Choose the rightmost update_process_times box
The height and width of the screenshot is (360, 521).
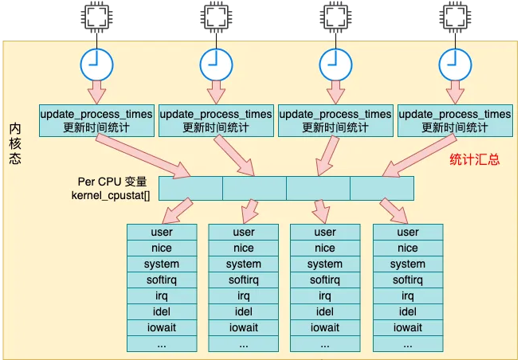point(454,120)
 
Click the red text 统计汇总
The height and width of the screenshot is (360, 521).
point(475,159)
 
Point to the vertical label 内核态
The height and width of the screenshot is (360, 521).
point(15,143)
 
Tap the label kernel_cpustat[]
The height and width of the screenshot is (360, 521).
point(105,194)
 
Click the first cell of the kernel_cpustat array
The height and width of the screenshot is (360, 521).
point(190,188)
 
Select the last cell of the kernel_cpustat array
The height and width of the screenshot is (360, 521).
point(382,188)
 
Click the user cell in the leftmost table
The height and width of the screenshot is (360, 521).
point(162,232)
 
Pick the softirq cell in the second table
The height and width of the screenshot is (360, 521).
point(244,280)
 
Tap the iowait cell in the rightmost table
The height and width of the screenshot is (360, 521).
point(408,327)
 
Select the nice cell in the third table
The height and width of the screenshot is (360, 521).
point(325,248)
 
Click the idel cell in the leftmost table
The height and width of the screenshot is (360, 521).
point(162,311)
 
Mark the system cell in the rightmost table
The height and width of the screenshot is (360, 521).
point(408,264)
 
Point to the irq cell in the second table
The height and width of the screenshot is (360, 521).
point(244,295)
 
